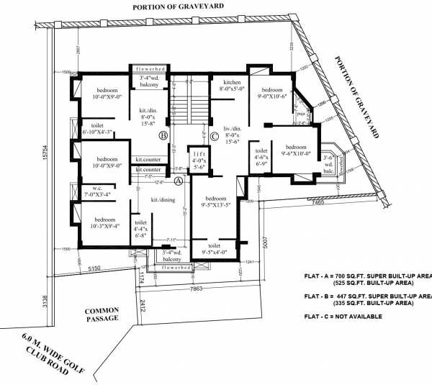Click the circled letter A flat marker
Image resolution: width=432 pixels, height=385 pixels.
tap(179, 181)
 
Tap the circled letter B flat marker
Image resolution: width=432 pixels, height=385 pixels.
tap(163, 135)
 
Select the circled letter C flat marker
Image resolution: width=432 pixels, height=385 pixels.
tap(215, 135)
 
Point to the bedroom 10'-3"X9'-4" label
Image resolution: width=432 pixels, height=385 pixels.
tap(100, 222)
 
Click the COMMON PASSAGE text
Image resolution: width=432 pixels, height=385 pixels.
tap(101, 315)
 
